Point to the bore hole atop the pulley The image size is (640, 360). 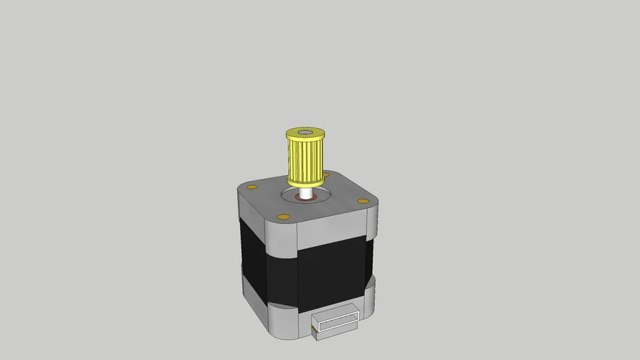tap(305, 131)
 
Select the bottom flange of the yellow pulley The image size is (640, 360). tap(305, 181)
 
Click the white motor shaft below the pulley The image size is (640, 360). tap(305, 191)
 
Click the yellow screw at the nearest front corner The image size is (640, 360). tap(283, 216)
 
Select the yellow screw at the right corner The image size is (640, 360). tap(363, 201)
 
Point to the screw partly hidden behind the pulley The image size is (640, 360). tap(326, 174)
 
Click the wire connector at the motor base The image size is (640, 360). tap(336, 324)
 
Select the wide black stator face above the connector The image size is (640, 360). tap(331, 274)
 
